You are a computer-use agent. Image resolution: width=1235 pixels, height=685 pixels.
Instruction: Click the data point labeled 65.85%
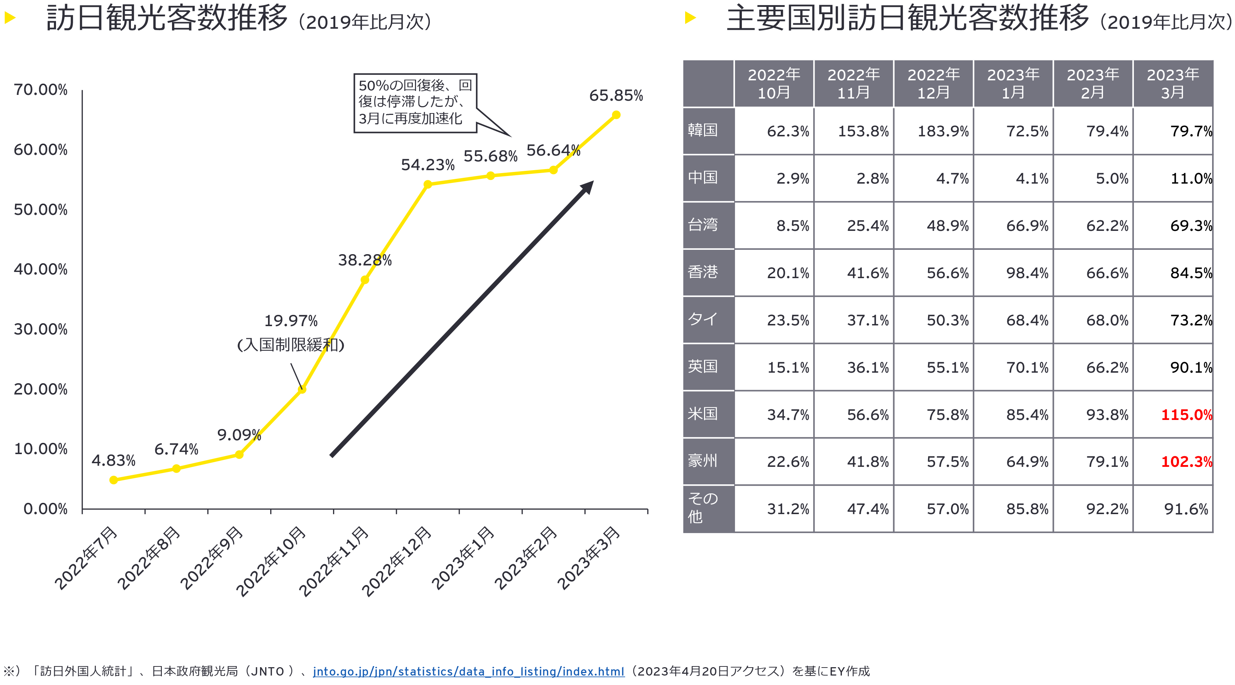coord(616,115)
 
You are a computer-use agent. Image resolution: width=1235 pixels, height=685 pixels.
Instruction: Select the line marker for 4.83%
coord(113,480)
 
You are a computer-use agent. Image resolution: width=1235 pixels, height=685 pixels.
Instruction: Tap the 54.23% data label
coord(428,165)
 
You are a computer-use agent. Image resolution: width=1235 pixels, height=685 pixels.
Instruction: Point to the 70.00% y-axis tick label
coord(41,90)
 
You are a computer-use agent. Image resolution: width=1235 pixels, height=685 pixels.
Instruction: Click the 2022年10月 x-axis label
coord(271,561)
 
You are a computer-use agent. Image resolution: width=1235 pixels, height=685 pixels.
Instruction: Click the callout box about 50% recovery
coord(415,102)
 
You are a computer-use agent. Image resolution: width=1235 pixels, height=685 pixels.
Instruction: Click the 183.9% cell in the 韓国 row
coord(943,131)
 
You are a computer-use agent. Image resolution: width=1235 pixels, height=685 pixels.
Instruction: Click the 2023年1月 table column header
coord(1013,83)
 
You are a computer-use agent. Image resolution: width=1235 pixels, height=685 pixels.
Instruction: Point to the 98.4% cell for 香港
coord(1027,273)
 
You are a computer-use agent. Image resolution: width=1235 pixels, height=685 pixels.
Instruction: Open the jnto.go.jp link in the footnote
coord(468,671)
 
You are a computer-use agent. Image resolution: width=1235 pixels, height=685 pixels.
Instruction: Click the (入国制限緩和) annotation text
coord(291,345)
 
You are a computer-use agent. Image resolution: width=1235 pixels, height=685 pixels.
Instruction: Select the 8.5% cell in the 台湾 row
coord(792,226)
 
